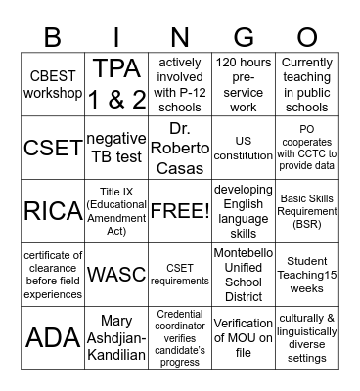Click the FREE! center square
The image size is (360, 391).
click(x=180, y=210)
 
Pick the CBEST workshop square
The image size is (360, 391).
click(x=54, y=85)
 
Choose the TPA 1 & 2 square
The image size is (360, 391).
click(x=116, y=85)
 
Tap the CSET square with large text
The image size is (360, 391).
click(x=54, y=148)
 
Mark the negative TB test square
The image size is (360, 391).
click(x=116, y=148)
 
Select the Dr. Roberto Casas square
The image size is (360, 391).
click(x=180, y=148)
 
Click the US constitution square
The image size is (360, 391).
click(x=243, y=148)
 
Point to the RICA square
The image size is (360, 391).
click(x=54, y=210)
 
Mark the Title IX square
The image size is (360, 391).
click(x=116, y=210)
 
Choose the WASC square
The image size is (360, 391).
click(x=116, y=273)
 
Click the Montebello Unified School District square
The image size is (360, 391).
click(x=243, y=273)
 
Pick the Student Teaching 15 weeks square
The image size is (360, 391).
click(x=305, y=273)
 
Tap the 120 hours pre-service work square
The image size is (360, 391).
click(x=243, y=85)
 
